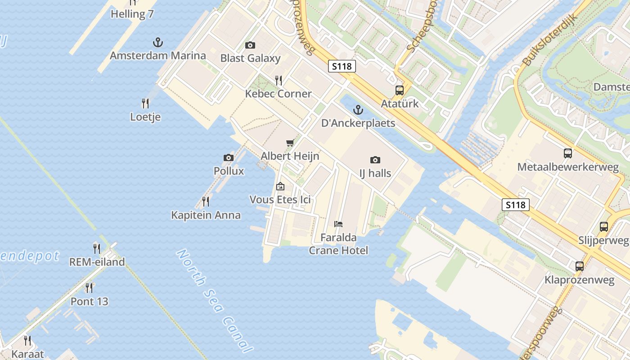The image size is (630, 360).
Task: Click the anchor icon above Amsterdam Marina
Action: click(157, 43)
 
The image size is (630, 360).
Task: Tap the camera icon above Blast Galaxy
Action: click(250, 45)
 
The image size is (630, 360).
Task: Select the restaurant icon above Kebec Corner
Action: click(279, 81)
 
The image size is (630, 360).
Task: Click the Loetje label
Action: click(145, 117)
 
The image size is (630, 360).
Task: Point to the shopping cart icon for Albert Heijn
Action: click(290, 143)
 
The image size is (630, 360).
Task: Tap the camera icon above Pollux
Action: click(229, 157)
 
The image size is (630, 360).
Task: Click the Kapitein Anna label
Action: click(206, 215)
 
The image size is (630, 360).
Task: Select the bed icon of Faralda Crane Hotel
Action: click(338, 224)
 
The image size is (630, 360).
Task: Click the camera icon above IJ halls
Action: click(375, 160)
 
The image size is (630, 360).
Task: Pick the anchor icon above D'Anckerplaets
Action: click(358, 110)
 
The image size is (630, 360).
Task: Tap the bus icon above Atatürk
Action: click(400, 90)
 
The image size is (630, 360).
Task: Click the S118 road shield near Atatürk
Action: click(342, 67)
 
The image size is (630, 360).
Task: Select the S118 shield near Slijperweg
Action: click(516, 205)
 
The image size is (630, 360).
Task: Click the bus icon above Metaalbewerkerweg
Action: click(568, 153)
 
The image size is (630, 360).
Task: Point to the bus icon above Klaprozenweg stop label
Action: click(580, 266)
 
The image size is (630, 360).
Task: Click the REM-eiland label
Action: click(97, 262)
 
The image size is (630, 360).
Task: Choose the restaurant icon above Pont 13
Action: click(89, 288)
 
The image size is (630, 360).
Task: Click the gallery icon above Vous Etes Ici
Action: click(280, 186)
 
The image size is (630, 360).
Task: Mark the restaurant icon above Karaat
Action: click(27, 341)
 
